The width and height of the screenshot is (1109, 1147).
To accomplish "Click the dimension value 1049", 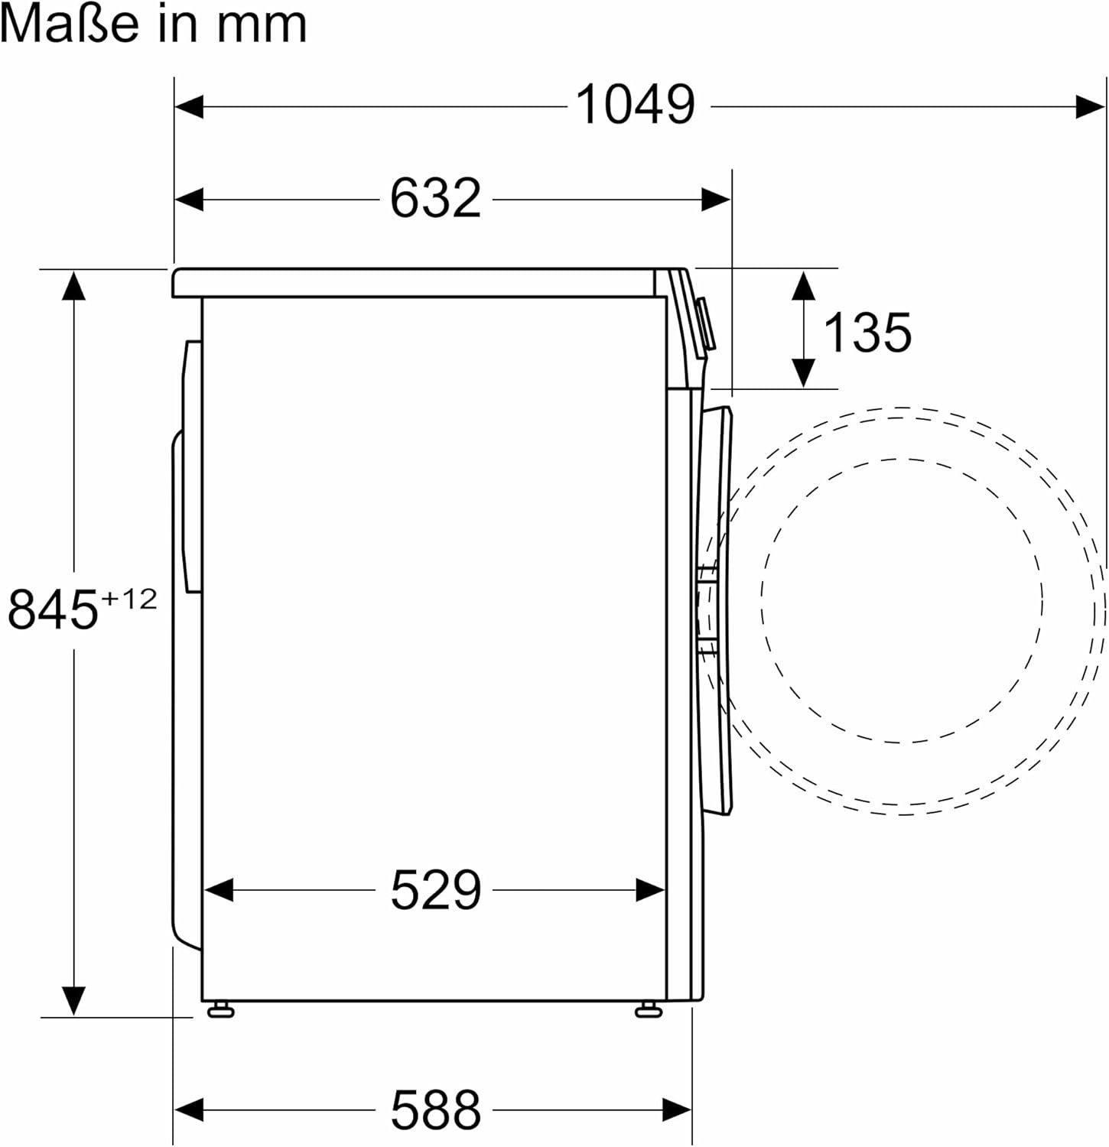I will click(x=635, y=105).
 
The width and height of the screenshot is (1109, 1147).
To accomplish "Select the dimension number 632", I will click(x=435, y=199).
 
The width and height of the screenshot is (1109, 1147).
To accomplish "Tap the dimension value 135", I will click(x=867, y=333).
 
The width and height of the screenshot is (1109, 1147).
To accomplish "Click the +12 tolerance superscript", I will click(x=128, y=598).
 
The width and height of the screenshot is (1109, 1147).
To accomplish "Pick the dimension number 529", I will click(x=436, y=890).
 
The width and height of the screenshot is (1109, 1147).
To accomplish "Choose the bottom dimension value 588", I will click(x=436, y=1110).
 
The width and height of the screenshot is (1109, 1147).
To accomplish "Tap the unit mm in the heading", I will click(x=262, y=24).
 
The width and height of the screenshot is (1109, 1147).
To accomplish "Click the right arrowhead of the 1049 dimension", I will click(x=1089, y=106).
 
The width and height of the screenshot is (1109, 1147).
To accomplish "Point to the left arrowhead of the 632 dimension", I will click(x=190, y=200).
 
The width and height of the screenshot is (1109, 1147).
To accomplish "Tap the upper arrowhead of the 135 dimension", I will click(x=802, y=285).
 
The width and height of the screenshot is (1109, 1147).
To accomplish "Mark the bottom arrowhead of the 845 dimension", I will click(x=73, y=1000).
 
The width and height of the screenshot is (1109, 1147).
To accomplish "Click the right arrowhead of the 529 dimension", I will click(x=650, y=890).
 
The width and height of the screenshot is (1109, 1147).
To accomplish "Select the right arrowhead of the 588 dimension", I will click(x=677, y=1109).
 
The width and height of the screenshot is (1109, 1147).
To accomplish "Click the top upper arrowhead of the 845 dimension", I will click(x=73, y=286).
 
